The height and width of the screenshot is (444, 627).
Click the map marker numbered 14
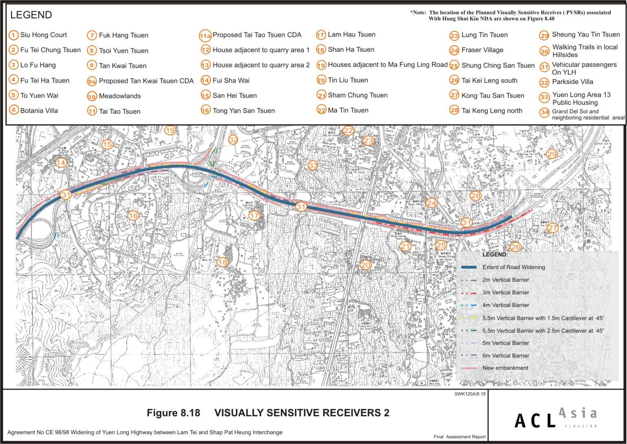coord(61,163)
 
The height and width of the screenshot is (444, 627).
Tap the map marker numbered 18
coord(222,262)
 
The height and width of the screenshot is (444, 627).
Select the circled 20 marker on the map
coord(366,265)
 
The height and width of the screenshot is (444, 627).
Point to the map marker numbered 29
coord(552,154)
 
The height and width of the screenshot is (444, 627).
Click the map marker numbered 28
coord(476,196)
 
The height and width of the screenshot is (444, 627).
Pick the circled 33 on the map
coord(313,166)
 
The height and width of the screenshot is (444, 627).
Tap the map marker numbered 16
coord(133,216)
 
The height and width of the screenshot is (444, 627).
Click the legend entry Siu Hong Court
coord(43,35)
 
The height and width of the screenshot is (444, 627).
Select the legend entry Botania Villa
coord(39,110)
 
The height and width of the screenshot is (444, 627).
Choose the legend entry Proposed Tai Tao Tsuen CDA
coord(257,35)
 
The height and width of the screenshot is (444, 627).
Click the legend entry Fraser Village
coord(482,50)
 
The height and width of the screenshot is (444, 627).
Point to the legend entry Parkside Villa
coord(572,82)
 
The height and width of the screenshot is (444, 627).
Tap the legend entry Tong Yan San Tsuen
coord(244,110)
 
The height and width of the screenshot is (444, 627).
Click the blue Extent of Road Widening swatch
coord(469,267)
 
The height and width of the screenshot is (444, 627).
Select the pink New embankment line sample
coord(469,368)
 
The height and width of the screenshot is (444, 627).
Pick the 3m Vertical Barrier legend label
coord(505,293)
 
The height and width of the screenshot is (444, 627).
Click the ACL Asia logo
coord(556,418)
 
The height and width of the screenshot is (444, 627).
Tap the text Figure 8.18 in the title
coord(173,413)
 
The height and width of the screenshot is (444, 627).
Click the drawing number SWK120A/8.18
coord(470,394)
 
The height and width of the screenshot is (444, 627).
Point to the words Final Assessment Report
coord(459,437)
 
